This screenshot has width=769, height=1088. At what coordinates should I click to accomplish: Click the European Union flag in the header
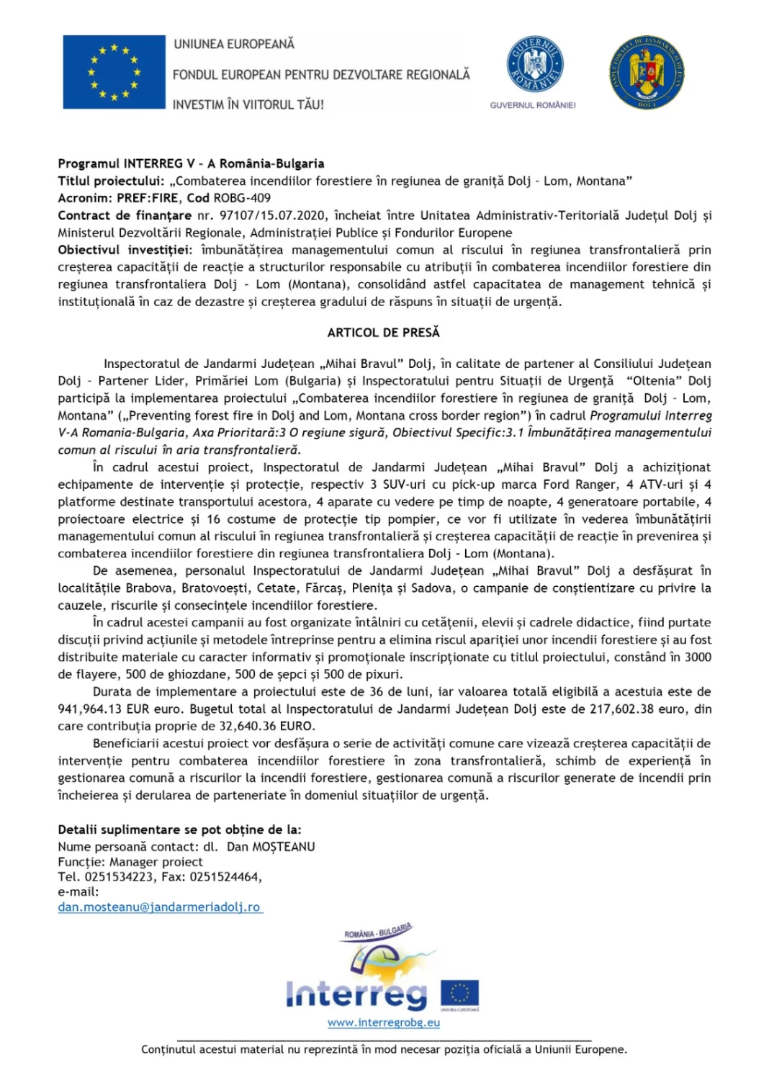[114, 72]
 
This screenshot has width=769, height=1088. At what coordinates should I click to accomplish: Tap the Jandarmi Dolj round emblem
[646, 73]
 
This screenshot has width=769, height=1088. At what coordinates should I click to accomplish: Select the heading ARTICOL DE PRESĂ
[383, 333]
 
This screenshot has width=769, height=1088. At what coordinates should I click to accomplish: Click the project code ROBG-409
[242, 198]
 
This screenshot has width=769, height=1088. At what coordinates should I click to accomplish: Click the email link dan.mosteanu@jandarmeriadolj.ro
[159, 907]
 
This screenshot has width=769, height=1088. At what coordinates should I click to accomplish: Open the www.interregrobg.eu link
[383, 1022]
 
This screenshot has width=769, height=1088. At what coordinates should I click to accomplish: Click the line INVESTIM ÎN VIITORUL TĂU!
[248, 104]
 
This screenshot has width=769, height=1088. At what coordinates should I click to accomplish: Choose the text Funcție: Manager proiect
[130, 862]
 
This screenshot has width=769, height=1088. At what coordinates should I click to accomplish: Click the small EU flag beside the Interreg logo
[459, 994]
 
